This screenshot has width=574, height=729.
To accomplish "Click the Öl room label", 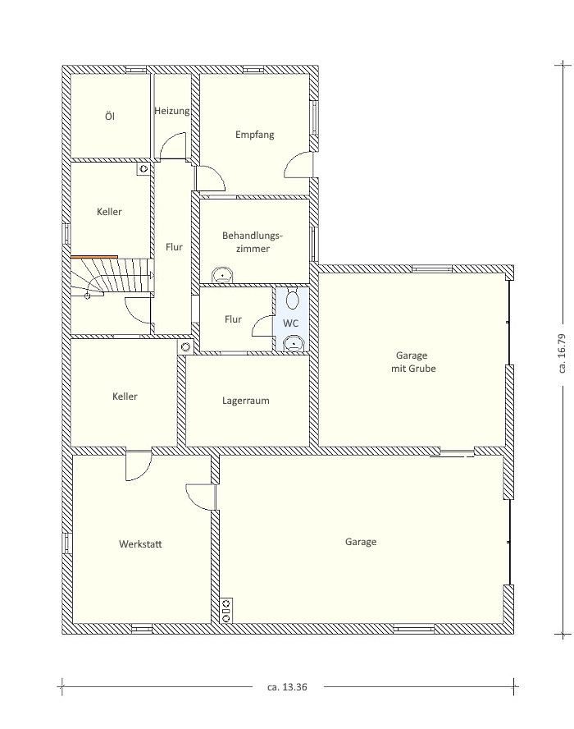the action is click(x=110, y=116).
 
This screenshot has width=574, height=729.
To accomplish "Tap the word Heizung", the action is click(x=172, y=111).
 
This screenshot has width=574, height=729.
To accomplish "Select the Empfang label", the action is click(x=254, y=135).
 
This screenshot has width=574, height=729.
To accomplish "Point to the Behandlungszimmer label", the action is click(x=253, y=241).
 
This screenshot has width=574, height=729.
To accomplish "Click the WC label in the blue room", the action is click(x=291, y=323).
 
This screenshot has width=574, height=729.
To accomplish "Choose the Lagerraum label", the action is click(x=246, y=401).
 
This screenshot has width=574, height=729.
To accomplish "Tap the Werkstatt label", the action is click(x=140, y=544).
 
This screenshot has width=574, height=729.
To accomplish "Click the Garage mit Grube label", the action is click(x=412, y=362).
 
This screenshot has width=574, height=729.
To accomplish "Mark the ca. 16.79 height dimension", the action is click(x=563, y=353).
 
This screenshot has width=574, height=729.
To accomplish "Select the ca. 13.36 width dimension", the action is click(x=288, y=686).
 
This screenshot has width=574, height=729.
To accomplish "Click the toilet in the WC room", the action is click(x=292, y=299).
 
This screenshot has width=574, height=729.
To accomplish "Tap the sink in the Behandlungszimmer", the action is click(x=223, y=275).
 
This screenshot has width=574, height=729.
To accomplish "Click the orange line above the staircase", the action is click(x=94, y=257).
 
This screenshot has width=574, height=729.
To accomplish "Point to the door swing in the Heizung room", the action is click(x=172, y=145).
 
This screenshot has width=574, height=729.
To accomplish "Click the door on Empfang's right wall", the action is click(x=299, y=164).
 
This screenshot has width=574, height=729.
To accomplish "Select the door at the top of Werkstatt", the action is click(x=139, y=465).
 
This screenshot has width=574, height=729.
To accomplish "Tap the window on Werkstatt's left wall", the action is click(x=67, y=543).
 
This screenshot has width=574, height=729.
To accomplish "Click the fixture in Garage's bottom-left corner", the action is click(x=226, y=611).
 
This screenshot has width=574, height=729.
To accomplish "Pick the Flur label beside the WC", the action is click(x=233, y=319).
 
